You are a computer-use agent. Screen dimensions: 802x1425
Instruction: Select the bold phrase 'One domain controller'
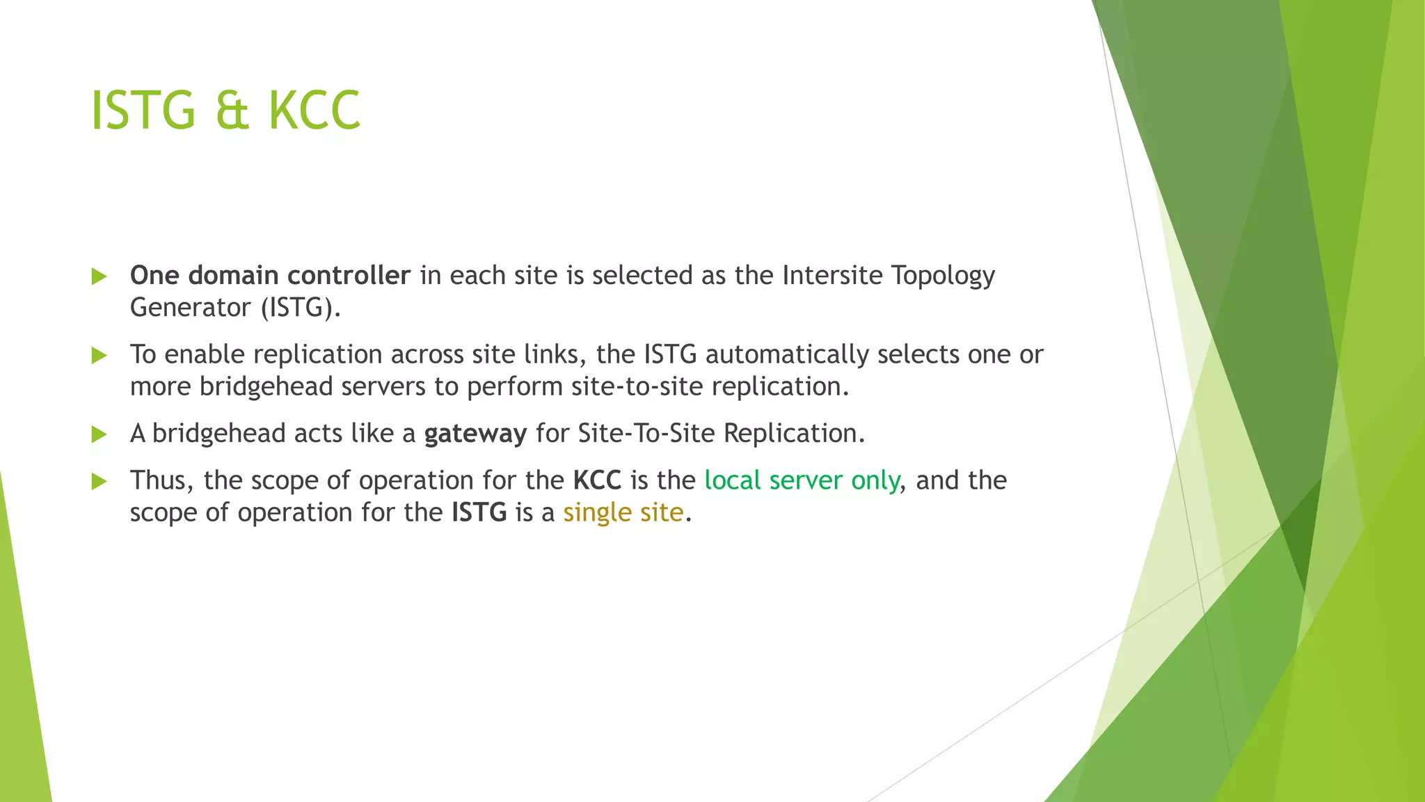(x=270, y=276)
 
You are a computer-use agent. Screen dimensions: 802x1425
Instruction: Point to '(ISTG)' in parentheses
(x=301, y=308)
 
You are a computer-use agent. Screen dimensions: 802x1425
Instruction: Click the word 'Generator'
(x=190, y=308)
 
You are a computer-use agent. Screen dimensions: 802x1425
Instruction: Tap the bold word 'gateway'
(x=475, y=434)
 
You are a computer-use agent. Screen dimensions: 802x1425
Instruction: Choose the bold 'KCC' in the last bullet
(x=597, y=480)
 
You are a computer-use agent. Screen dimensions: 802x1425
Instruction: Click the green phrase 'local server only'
(x=802, y=480)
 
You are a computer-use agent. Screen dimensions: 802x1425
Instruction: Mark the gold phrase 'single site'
(x=623, y=512)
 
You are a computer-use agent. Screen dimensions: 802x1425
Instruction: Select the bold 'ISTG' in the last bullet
(x=479, y=512)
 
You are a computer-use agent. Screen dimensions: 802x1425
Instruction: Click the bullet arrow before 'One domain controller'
(x=99, y=276)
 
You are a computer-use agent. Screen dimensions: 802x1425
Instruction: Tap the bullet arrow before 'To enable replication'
(x=99, y=356)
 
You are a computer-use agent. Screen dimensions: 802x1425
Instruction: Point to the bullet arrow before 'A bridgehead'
(x=99, y=435)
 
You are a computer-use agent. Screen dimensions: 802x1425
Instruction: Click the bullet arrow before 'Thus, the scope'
(x=99, y=481)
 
